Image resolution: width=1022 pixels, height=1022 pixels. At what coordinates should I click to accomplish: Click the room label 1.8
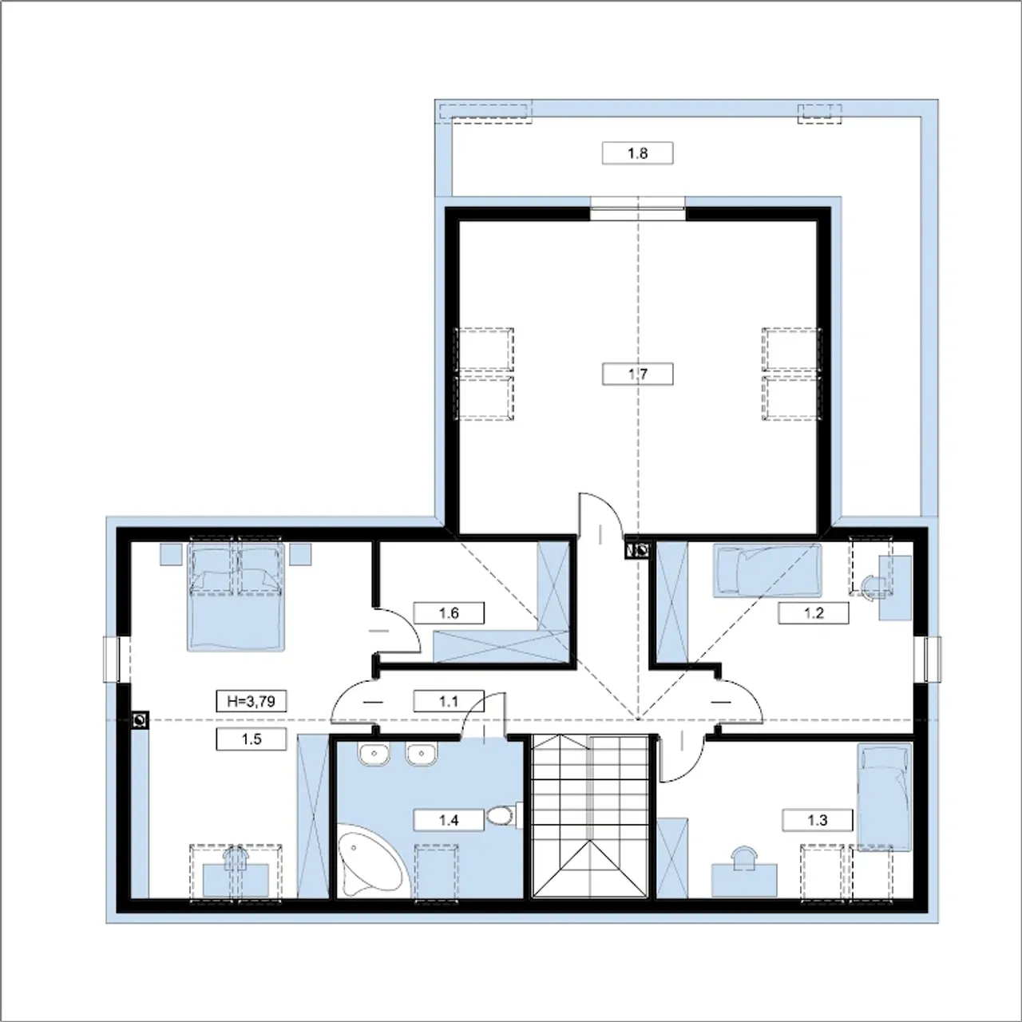point(637,153)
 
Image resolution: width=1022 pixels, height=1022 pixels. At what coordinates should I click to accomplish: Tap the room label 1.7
point(637,374)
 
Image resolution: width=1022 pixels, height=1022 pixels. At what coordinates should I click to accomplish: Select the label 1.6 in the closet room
point(449,613)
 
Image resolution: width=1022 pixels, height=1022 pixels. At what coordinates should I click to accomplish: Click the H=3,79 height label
point(252,701)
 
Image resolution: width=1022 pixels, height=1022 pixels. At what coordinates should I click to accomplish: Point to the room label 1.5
point(252,739)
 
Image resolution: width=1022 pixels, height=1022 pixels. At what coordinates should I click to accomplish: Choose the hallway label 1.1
point(449,701)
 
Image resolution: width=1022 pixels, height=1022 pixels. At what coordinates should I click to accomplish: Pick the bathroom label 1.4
point(449,821)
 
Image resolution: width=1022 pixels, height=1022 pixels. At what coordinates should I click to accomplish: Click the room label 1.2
point(813,613)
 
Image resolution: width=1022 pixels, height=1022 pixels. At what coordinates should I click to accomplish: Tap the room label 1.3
point(818,821)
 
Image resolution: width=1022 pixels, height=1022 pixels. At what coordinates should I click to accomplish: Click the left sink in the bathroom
point(374,755)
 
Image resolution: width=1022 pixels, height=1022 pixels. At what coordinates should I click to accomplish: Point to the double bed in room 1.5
point(236,596)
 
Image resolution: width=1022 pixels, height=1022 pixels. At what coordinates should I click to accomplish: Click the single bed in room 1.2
point(767,570)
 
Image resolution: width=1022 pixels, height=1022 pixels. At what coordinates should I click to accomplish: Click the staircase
point(590,817)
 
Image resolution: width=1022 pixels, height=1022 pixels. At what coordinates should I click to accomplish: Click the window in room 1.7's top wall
point(637,208)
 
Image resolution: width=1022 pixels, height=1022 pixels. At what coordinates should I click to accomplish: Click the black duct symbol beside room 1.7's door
point(637,550)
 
